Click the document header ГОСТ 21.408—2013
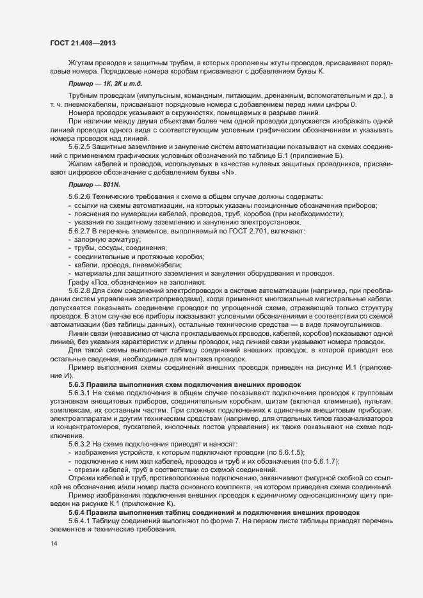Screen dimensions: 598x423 (x=83, y=43)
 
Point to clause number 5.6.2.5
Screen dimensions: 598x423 (x=80, y=147)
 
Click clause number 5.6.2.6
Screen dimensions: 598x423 (x=80, y=196)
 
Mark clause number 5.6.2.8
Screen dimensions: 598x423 (x=80, y=291)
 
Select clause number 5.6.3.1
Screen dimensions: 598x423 (x=80, y=391)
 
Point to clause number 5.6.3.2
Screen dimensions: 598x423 (x=80, y=444)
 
